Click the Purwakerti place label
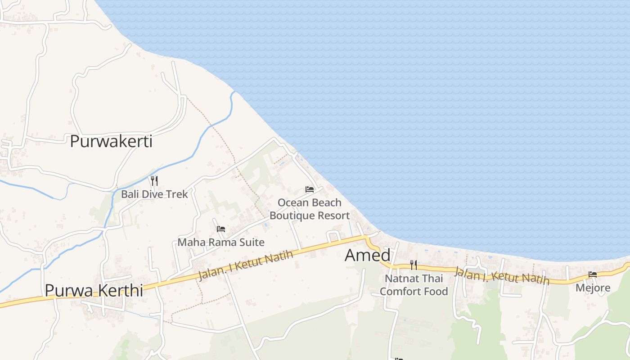coord(111,141)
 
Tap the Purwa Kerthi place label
coord(94,290)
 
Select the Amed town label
coord(368,255)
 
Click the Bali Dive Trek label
coord(154,194)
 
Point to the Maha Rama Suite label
coord(221,242)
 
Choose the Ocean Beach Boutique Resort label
coord(310,209)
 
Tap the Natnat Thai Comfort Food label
coord(414,285)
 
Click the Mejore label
coord(593,288)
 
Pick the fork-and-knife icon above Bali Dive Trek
coord(154,181)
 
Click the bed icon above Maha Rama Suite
coord(221,229)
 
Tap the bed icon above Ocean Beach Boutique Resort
coord(310,189)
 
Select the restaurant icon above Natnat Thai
coord(414,265)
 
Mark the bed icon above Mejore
coord(593,274)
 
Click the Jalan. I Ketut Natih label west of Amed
coord(246,265)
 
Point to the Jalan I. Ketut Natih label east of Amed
coord(501,276)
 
